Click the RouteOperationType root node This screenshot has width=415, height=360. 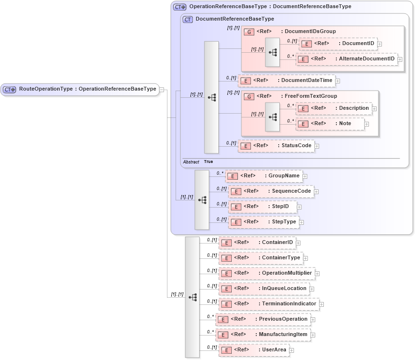[x=80, y=89]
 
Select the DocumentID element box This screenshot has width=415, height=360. [x=338, y=44]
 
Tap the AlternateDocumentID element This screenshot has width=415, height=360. [x=346, y=59]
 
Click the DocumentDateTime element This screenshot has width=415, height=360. [x=286, y=81]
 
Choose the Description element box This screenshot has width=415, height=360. [x=334, y=108]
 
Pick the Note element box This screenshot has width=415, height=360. [x=330, y=124]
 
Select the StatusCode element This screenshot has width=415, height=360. [x=276, y=146]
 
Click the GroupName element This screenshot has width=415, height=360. [x=264, y=176]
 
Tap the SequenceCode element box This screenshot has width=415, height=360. [x=271, y=192]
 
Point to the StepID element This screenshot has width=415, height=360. [x=262, y=207]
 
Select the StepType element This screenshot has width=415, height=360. [x=264, y=222]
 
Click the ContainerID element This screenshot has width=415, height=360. [x=257, y=243]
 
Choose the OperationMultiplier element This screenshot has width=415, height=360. [x=266, y=273]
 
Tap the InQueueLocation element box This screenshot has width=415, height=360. [x=264, y=289]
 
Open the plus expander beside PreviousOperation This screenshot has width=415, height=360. [x=313, y=320]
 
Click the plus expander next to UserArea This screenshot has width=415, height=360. [x=292, y=350]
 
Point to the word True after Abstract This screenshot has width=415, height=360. [x=208, y=162]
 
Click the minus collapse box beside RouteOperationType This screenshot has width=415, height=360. [x=162, y=89]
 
